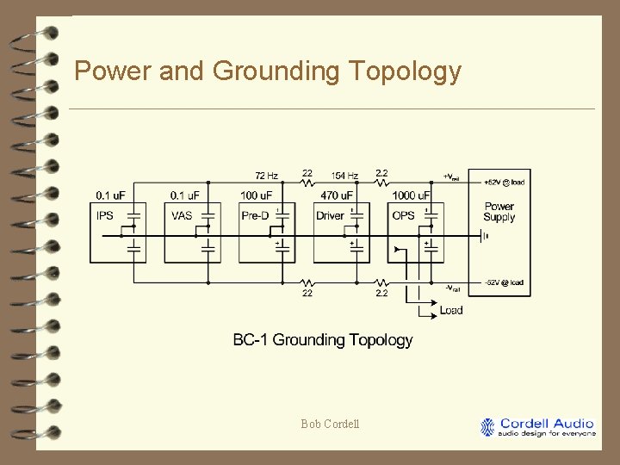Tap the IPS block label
(x=105, y=215)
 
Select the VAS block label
(x=182, y=215)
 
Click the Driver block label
(x=330, y=215)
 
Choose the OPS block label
(x=403, y=215)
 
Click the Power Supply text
(x=499, y=212)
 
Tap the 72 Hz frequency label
(x=266, y=177)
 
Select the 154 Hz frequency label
(x=344, y=177)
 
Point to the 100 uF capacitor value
(x=257, y=195)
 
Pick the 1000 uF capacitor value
(x=410, y=195)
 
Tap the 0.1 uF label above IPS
(x=110, y=195)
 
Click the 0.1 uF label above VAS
(x=185, y=195)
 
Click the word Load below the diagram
(x=451, y=310)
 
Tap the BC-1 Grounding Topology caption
(x=323, y=340)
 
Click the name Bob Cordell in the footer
(x=330, y=424)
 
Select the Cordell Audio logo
(x=538, y=427)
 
